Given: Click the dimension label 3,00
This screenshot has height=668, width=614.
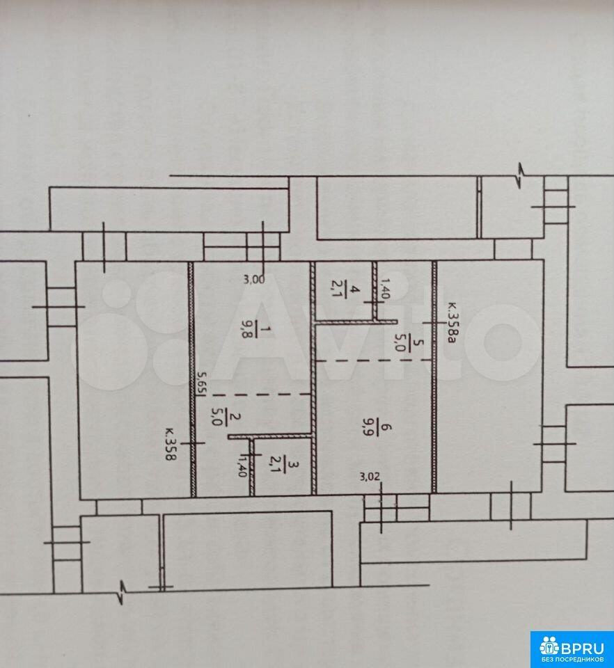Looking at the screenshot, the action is click(253, 280).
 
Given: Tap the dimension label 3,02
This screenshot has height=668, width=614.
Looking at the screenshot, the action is click(369, 477).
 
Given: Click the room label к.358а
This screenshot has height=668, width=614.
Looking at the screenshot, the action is click(452, 322).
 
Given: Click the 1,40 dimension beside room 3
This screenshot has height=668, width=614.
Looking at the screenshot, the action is click(242, 466).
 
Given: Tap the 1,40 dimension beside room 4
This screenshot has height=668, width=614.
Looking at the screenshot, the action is click(384, 288).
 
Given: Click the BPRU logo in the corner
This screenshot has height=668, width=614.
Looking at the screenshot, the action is click(572, 649).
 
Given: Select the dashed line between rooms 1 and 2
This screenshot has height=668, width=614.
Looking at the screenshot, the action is click(261, 395).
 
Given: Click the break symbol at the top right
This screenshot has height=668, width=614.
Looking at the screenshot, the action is click(520, 175).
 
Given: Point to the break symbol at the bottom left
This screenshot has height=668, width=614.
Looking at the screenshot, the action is click(121, 592).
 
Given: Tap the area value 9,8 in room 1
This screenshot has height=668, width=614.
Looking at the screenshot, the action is click(246, 329).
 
